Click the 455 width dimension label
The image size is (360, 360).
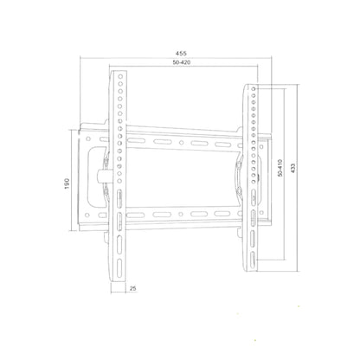tap(181, 54)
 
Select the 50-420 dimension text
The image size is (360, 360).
tap(182, 62)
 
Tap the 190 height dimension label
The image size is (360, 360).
tap(67, 183)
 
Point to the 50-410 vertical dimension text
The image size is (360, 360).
tap(280, 168)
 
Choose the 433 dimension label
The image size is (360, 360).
tap(292, 168)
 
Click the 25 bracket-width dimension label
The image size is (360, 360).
tap(133, 288)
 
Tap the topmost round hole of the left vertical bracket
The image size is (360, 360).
tap(120, 77)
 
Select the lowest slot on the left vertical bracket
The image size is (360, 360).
tap(119, 267)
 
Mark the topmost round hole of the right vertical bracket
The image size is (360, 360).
tap(254, 89)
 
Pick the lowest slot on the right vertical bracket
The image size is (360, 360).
tap(253, 259)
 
